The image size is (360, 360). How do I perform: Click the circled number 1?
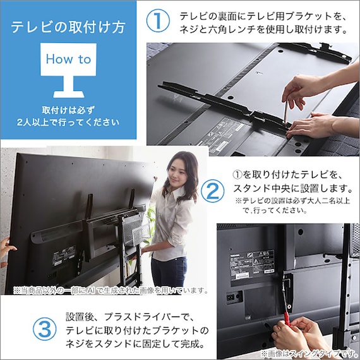(158, 20)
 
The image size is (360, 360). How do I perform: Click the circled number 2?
(213, 190)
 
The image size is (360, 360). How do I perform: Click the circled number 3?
(42, 330)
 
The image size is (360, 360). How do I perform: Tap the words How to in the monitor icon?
(69, 59)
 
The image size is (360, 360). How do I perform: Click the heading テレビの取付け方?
(68, 27)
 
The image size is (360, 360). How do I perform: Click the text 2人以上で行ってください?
(68, 121)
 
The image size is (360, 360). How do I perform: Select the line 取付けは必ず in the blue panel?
(68, 109)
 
